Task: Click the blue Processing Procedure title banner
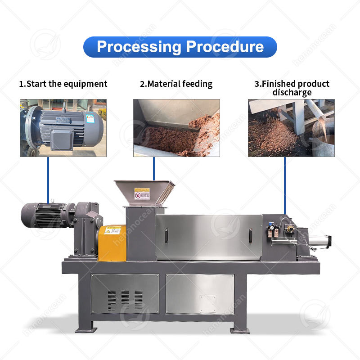[180, 47]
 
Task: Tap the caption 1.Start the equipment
[63, 84]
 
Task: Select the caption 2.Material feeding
[176, 84]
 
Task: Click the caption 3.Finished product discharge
[292, 88]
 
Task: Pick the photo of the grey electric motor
[63, 128]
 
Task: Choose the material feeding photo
[176, 128]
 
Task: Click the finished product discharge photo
[291, 128]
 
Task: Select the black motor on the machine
[43, 215]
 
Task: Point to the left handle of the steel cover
[166, 235]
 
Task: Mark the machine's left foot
[86, 328]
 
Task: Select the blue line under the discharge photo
[284, 184]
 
